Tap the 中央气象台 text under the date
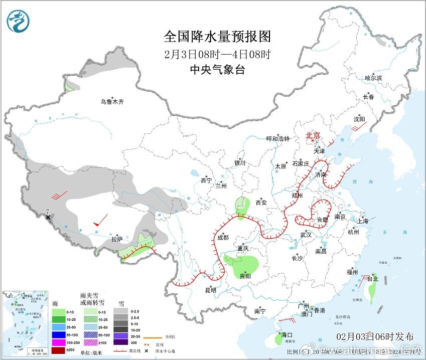[217, 70]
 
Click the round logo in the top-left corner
[18, 21]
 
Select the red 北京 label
[314, 135]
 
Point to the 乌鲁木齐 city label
[111, 102]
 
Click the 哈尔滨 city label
[373, 78]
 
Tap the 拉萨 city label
[117, 240]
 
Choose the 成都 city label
[223, 238]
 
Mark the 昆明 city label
[210, 290]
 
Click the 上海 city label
[363, 221]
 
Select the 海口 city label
[287, 334]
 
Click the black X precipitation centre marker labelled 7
[48, 217]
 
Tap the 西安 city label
[261, 203]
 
